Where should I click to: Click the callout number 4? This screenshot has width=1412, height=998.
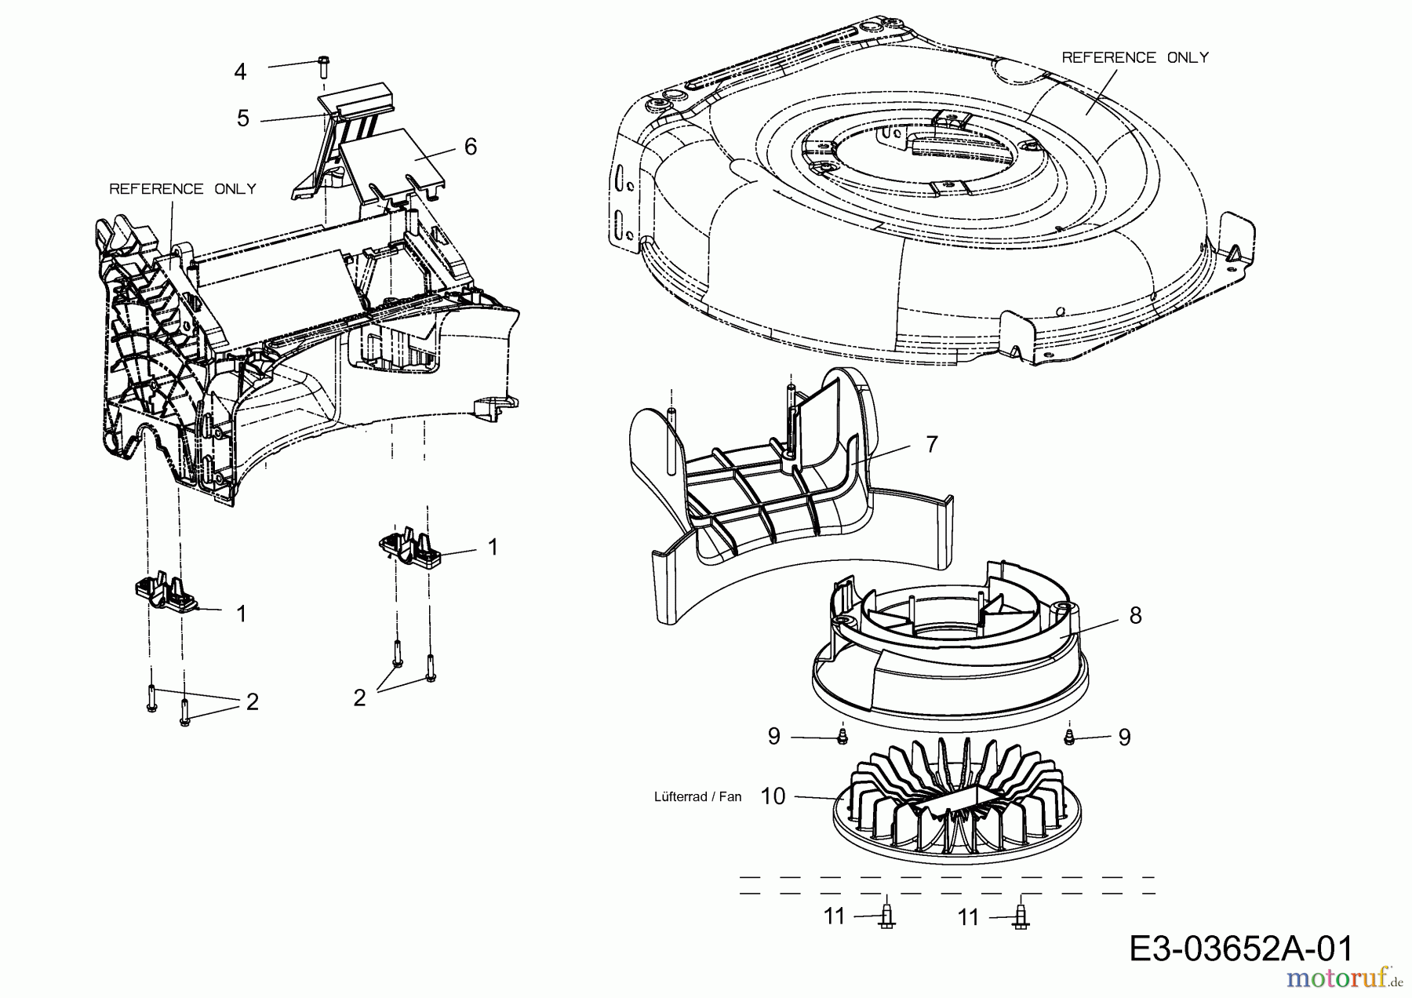[x=240, y=71]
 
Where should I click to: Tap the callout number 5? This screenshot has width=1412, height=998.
[x=243, y=118]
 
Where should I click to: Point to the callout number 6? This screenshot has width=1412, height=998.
[x=471, y=147]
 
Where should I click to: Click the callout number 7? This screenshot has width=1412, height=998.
[x=931, y=445]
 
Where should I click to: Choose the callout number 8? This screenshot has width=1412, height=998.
[x=1135, y=616]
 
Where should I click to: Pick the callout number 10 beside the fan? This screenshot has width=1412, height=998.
[x=773, y=796]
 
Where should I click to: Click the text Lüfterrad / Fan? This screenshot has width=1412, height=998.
[x=697, y=796]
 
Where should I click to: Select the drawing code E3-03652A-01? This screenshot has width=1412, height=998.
[x=1241, y=949]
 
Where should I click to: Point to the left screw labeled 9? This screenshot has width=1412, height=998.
[x=842, y=736]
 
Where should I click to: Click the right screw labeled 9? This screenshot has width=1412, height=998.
[x=1068, y=736]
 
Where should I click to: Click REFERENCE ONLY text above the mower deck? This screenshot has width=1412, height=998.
[x=1135, y=57]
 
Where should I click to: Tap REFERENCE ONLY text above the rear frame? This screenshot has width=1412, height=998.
[x=183, y=189]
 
